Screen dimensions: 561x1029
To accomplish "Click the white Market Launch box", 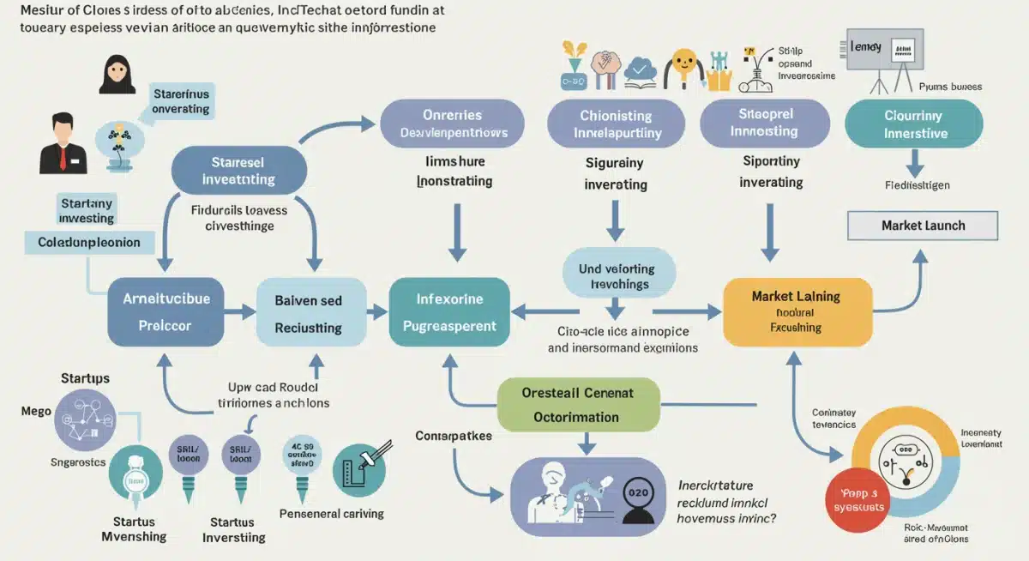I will pyautogui.click(x=923, y=226).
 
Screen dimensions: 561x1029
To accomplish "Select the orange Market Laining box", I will pyautogui.click(x=797, y=311).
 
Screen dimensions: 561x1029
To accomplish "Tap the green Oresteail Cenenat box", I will pyautogui.click(x=579, y=405).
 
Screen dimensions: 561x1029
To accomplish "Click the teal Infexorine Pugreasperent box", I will pyautogui.click(x=449, y=312).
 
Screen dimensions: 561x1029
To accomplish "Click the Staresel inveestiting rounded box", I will pyautogui.click(x=238, y=170).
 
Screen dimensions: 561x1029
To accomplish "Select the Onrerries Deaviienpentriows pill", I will pyautogui.click(x=452, y=124).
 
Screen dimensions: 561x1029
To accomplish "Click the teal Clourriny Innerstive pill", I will pyautogui.click(x=914, y=124).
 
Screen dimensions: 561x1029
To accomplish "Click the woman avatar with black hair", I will pyautogui.click(x=117, y=75).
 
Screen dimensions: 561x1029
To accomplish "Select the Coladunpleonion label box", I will pyautogui.click(x=89, y=243).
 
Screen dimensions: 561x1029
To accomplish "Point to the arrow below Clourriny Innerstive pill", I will pyautogui.click(x=914, y=163).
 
